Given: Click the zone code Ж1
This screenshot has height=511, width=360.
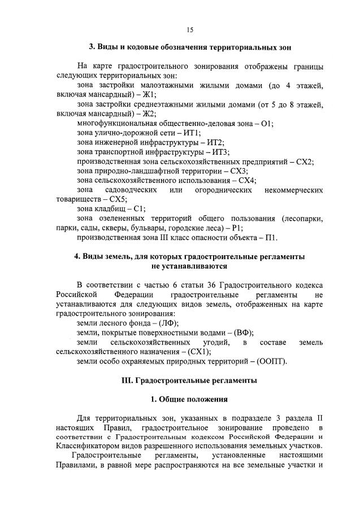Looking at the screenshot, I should point(150,95).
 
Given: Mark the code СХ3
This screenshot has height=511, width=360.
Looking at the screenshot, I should point(240,171).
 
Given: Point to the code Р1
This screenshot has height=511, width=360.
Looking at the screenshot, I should point(237,228).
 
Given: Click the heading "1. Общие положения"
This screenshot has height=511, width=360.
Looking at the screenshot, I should point(189,399).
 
